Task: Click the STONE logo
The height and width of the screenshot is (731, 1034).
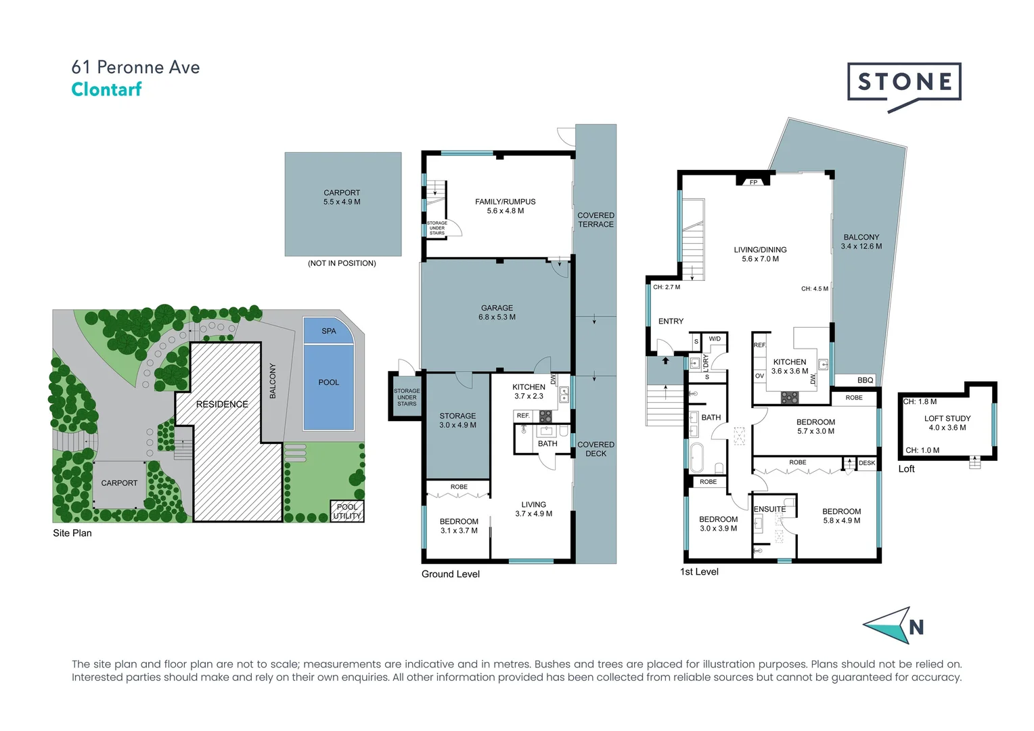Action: pyautogui.click(x=904, y=83)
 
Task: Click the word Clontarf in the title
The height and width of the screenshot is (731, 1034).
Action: pyautogui.click(x=106, y=89)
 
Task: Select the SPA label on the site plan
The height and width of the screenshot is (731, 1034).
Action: pyautogui.click(x=329, y=331)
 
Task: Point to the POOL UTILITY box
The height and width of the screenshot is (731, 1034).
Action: pyautogui.click(x=347, y=511)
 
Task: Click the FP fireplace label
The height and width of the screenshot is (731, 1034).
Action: pyautogui.click(x=753, y=182)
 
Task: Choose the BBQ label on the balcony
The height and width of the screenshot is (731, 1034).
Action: pyautogui.click(x=865, y=380)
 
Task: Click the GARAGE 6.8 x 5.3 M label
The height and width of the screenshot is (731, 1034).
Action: pyautogui.click(x=497, y=312)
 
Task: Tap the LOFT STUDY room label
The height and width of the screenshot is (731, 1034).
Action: pyautogui.click(x=947, y=423)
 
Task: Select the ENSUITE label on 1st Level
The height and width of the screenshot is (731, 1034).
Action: pyautogui.click(x=770, y=509)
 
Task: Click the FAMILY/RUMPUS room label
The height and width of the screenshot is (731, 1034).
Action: pyautogui.click(x=505, y=206)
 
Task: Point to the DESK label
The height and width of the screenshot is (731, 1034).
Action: pyautogui.click(x=867, y=463)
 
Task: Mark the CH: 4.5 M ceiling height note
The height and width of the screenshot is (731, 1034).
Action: pyautogui.click(x=815, y=288)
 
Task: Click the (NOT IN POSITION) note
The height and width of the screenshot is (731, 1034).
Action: pyautogui.click(x=342, y=263)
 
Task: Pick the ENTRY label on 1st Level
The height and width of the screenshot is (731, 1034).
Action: pyautogui.click(x=671, y=322)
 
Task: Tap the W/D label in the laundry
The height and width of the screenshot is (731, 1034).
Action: pyautogui.click(x=715, y=338)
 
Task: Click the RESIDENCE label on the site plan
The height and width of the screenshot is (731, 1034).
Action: pyautogui.click(x=222, y=404)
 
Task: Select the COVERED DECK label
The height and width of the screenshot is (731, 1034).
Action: pyautogui.click(x=595, y=449)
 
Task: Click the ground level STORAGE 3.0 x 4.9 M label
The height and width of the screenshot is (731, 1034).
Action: pyautogui.click(x=457, y=420)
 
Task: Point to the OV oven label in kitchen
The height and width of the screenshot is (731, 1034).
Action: pyautogui.click(x=759, y=376)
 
